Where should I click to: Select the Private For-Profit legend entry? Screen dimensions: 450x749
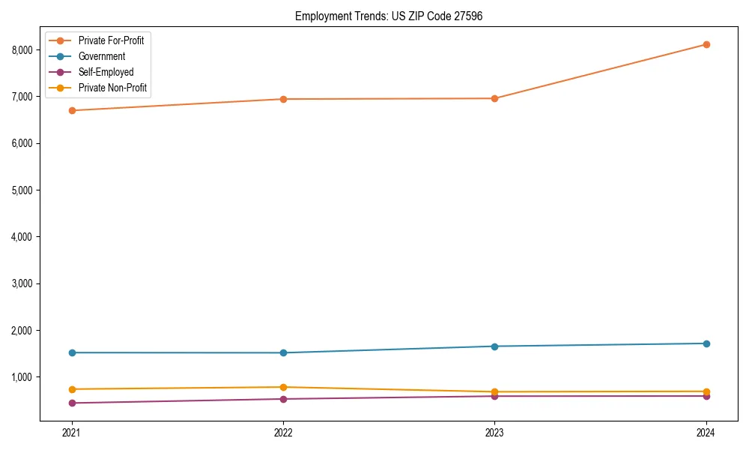point(111,40)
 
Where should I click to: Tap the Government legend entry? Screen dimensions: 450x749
point(102,56)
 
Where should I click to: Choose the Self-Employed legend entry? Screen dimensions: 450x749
point(106,72)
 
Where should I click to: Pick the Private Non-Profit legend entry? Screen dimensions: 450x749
point(112,88)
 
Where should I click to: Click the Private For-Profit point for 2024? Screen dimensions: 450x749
point(706,44)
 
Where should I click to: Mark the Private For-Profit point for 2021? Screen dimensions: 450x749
point(72,110)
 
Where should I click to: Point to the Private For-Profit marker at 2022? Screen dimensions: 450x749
point(283,99)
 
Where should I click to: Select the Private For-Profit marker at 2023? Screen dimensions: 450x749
point(495,98)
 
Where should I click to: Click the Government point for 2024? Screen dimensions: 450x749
point(706,343)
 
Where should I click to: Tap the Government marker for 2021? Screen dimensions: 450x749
point(72,352)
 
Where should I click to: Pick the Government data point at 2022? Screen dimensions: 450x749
point(283,352)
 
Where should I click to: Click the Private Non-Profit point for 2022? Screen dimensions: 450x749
point(283,387)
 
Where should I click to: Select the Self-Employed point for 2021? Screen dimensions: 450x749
point(72,403)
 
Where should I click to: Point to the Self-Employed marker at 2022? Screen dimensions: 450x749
point(283,399)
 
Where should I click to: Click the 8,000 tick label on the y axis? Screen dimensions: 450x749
point(22,49)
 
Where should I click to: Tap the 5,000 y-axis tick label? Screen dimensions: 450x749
point(22,190)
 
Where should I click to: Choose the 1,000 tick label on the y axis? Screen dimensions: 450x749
point(22,376)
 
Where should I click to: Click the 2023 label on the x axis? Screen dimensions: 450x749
point(495,432)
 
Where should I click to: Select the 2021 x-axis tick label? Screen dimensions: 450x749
point(72,432)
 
